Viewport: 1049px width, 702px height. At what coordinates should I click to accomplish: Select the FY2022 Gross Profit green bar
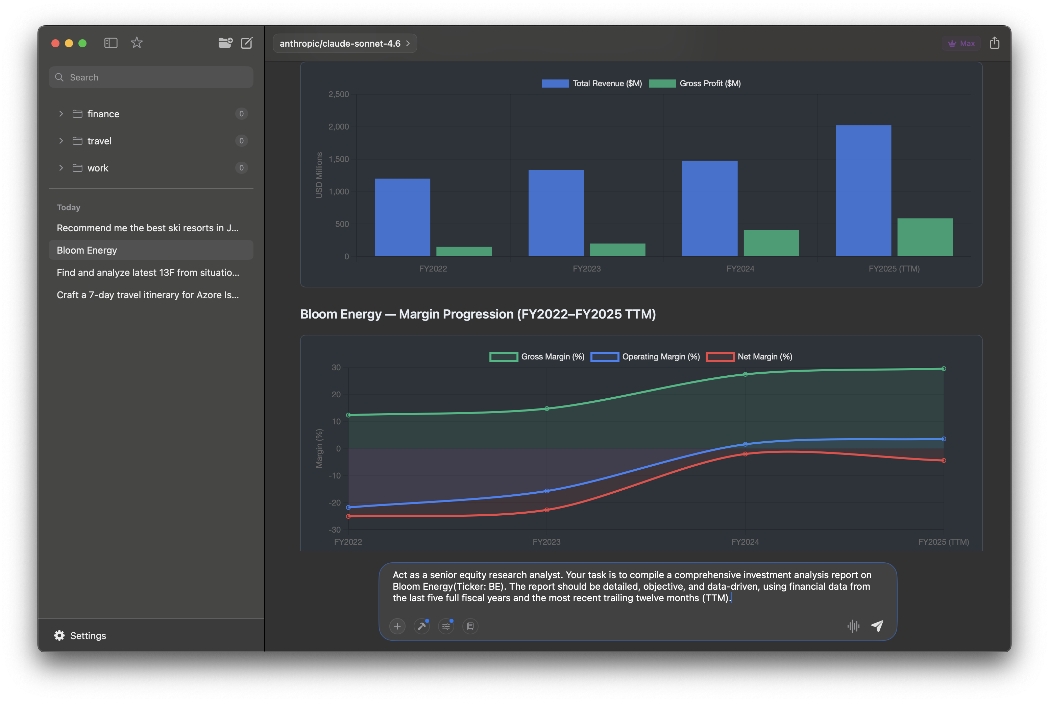(464, 251)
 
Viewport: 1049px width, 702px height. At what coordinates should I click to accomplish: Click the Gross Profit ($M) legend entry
(695, 83)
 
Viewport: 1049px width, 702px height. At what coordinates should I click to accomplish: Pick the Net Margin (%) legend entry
(749, 356)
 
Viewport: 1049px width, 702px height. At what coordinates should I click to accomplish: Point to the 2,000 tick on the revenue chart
(339, 127)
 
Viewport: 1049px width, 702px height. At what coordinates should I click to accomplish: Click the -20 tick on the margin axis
(335, 502)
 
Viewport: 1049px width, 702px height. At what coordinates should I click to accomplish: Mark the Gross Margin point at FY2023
(547, 408)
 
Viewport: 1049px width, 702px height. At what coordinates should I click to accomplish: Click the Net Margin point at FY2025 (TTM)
(944, 460)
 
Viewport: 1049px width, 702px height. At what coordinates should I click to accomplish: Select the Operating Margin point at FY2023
(547, 491)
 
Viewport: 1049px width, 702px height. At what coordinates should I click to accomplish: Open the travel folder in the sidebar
(99, 141)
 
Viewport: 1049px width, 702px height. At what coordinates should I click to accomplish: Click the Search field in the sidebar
(151, 77)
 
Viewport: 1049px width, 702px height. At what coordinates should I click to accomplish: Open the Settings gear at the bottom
(59, 635)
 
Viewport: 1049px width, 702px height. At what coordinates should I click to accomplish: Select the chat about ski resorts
(148, 228)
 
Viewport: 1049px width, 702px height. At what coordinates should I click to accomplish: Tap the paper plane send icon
(877, 626)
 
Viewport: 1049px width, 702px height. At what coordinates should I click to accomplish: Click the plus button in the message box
(397, 626)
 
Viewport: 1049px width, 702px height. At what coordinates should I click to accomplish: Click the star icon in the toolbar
(137, 43)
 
